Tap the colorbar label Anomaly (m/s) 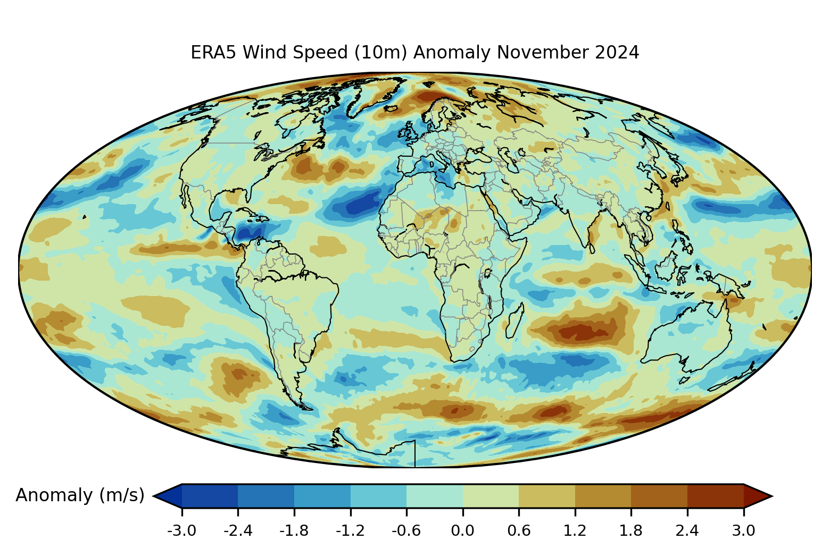point(80,495)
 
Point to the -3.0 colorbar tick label point(182,530)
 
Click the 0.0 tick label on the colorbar point(462,530)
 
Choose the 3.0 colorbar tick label point(743,530)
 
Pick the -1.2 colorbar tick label point(350,530)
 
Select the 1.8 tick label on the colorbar point(631,530)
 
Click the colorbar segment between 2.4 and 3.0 point(715,496)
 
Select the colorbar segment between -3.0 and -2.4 point(210,496)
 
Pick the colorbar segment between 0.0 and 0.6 point(491,496)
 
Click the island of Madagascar point(513,321)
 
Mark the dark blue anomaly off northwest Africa point(356,205)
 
